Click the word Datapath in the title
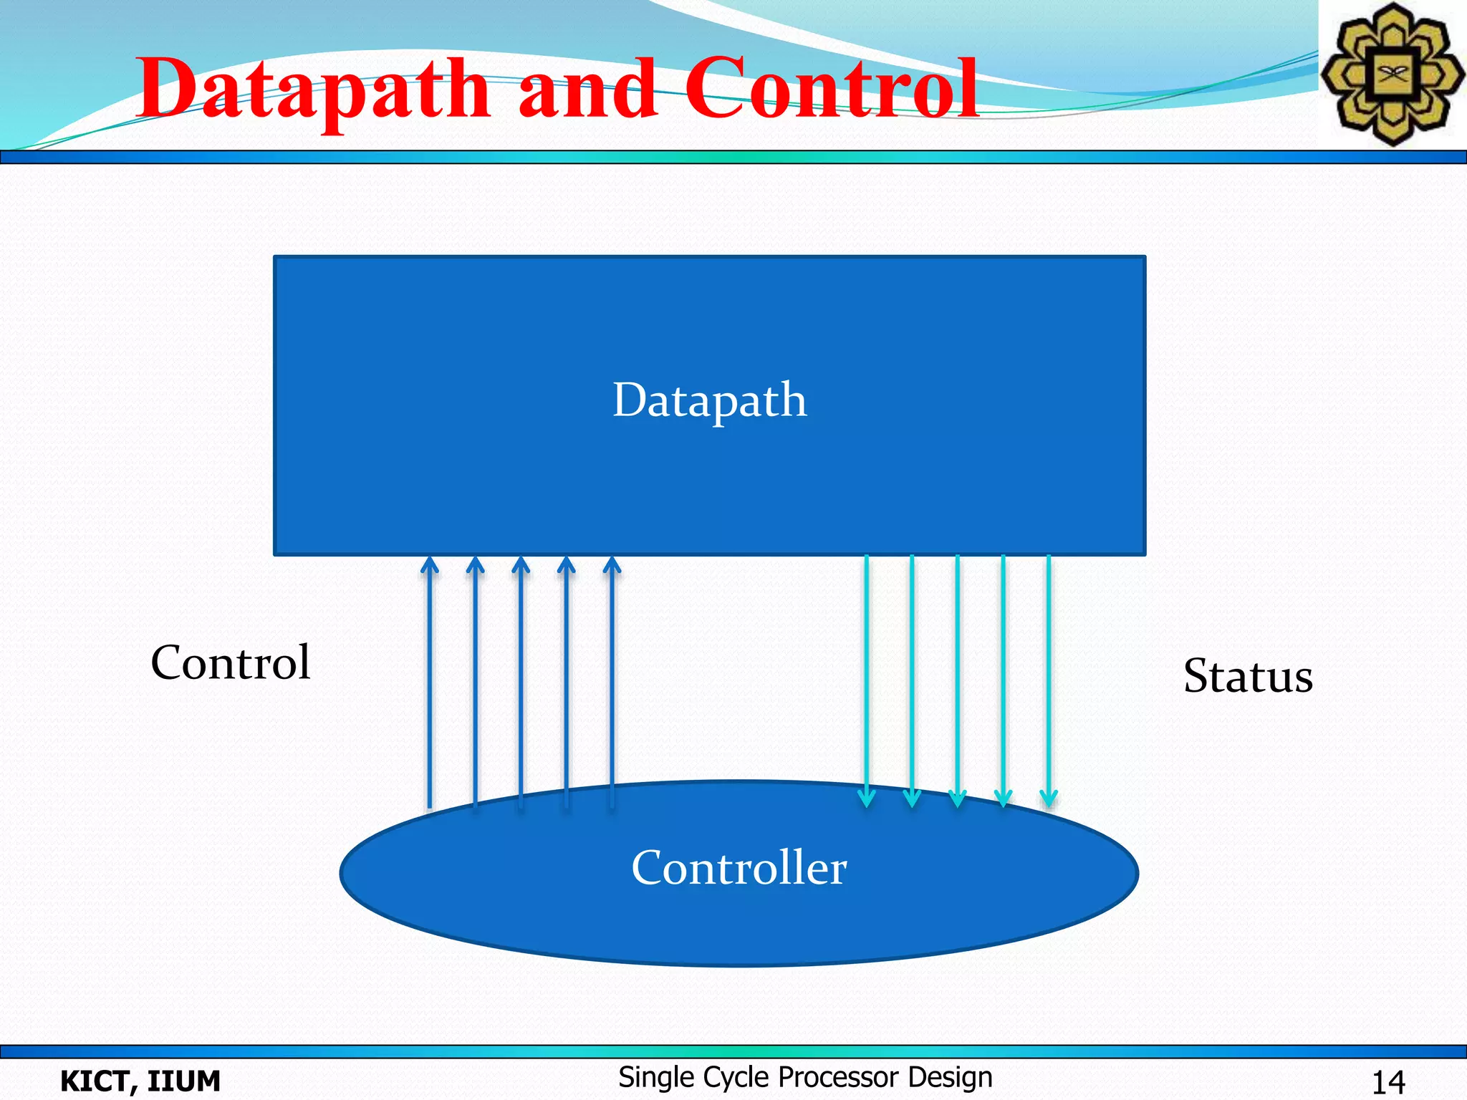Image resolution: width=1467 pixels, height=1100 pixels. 313,90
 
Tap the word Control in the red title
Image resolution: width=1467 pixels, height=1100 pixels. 831,90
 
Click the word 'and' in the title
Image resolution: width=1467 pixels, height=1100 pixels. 587,90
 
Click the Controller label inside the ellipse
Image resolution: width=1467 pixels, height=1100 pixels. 739,868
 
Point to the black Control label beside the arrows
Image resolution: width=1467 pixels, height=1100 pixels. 230,662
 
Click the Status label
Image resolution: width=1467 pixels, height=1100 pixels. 1248,676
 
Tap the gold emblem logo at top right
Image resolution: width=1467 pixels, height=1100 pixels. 1392,74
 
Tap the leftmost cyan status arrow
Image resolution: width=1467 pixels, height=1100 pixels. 867,680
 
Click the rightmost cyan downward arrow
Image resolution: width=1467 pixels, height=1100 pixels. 1049,680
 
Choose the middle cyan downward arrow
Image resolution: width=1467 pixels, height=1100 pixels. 958,680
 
